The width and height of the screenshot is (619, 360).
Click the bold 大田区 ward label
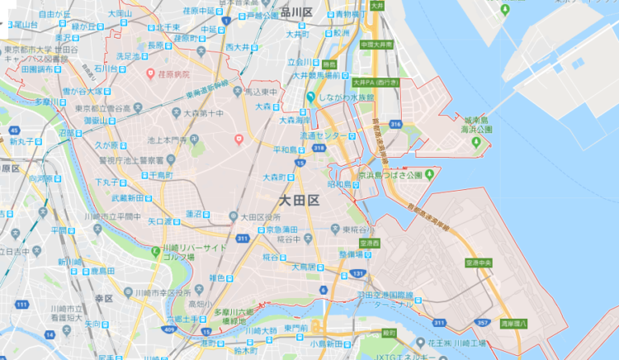[x=299, y=201]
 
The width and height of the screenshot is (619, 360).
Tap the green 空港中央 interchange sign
[x=480, y=262]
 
